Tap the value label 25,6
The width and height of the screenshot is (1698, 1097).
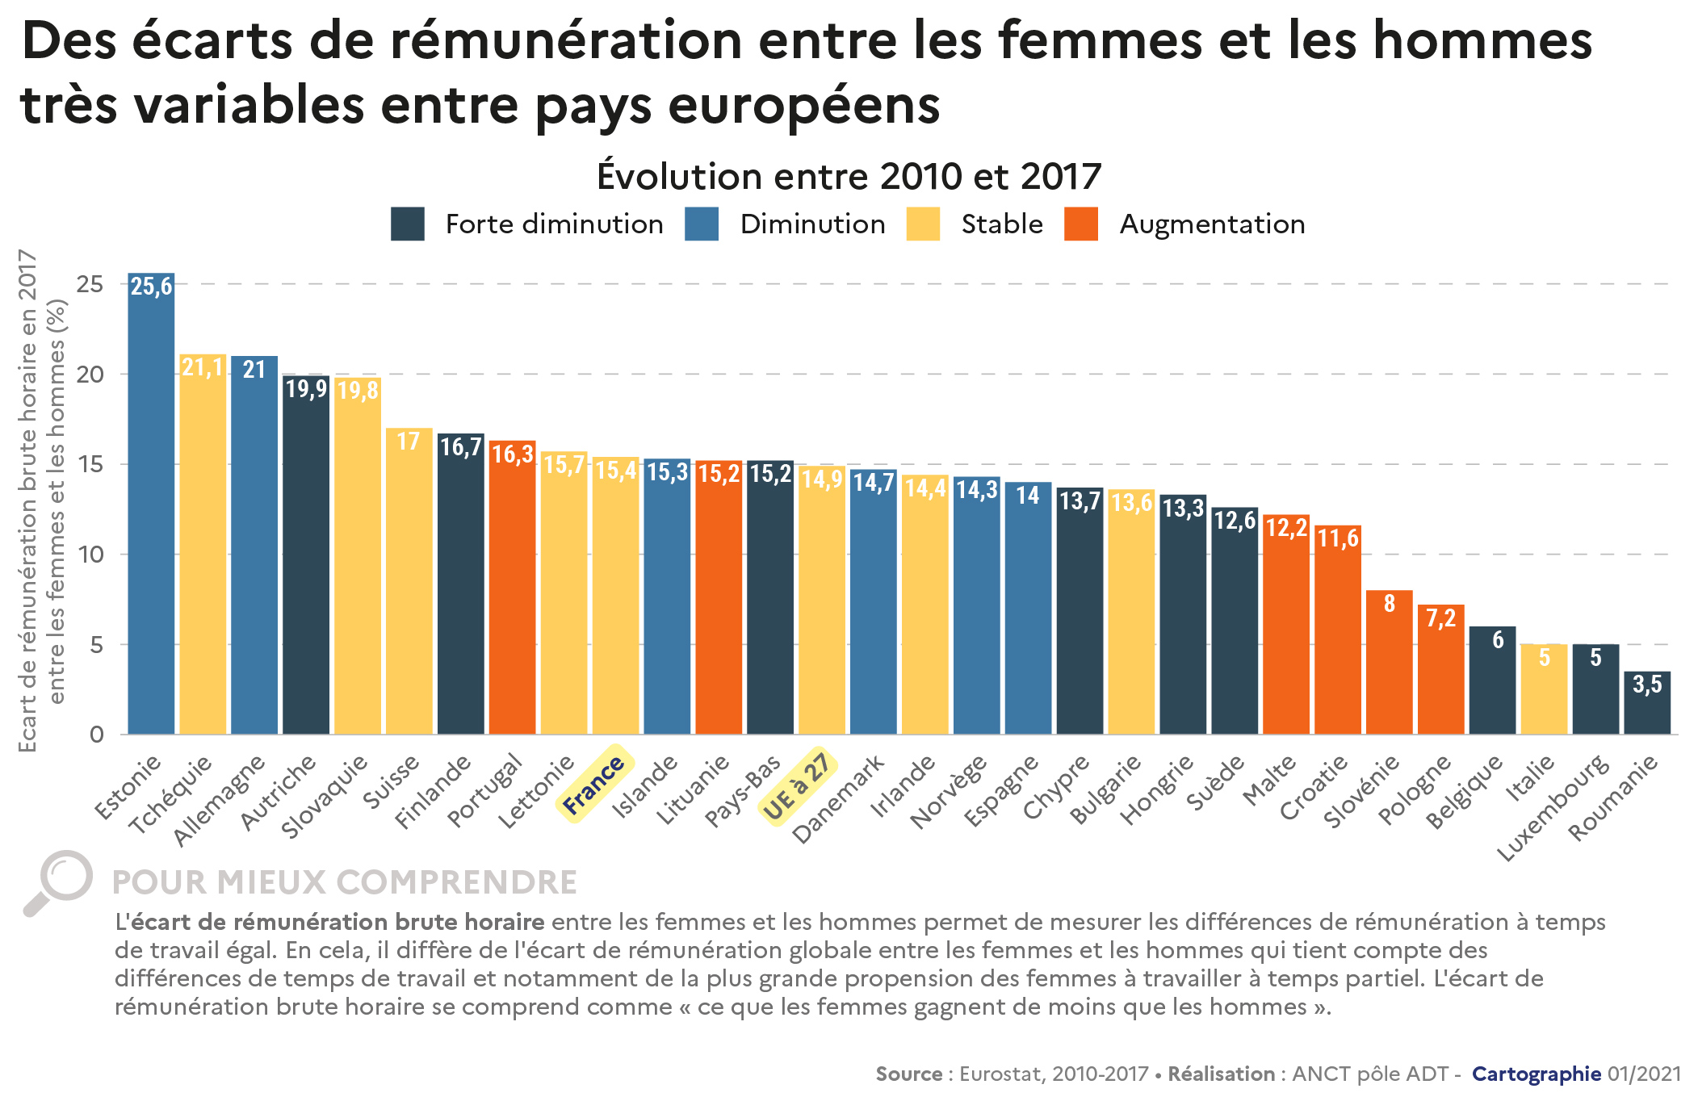click(x=152, y=287)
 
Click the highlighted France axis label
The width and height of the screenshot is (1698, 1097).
click(x=594, y=785)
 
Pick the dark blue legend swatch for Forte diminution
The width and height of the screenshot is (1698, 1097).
click(x=408, y=224)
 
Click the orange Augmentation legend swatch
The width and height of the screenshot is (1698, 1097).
click(x=1081, y=224)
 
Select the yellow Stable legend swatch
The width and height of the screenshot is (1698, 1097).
click(x=923, y=224)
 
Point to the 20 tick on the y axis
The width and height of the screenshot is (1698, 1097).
click(x=90, y=375)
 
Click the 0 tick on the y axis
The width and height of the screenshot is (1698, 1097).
click(x=97, y=735)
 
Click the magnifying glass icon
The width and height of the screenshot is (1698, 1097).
click(x=59, y=882)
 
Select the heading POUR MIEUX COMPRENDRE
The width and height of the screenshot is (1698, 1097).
click(x=345, y=883)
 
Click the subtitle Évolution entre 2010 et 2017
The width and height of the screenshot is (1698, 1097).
click(x=849, y=176)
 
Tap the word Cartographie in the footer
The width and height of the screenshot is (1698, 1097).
click(x=1537, y=1074)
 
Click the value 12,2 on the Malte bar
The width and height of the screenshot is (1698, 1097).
click(x=1286, y=529)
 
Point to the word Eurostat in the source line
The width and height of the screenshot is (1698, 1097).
click(x=999, y=1074)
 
